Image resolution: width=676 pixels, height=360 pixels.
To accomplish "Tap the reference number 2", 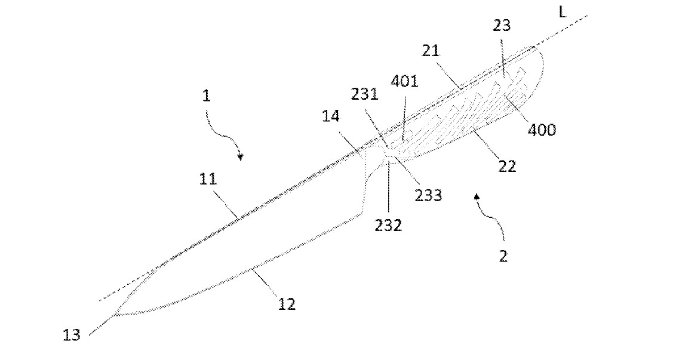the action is pyautogui.click(x=503, y=256).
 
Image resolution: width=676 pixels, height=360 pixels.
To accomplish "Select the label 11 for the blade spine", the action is pyautogui.click(x=208, y=179).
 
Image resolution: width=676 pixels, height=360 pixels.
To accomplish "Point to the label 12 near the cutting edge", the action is pyautogui.click(x=287, y=304).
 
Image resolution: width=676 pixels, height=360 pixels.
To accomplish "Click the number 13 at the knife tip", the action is pyautogui.click(x=72, y=335).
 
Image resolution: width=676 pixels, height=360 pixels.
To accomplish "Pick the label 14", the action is pyautogui.click(x=331, y=116).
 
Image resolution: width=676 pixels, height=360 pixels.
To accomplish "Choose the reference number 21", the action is pyautogui.click(x=431, y=50).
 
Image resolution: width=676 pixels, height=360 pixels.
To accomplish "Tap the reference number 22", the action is pyautogui.click(x=507, y=166).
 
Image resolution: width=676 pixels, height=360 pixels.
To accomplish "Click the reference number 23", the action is pyautogui.click(x=502, y=26).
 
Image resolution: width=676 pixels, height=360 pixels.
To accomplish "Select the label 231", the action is pyautogui.click(x=365, y=94).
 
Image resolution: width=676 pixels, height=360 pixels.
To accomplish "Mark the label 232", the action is pyautogui.click(x=388, y=224).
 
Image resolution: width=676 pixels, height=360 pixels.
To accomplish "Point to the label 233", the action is pyautogui.click(x=429, y=195).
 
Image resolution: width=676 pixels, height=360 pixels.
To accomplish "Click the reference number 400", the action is pyautogui.click(x=542, y=129).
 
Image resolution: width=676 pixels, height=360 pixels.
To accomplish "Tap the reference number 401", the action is pyautogui.click(x=404, y=81).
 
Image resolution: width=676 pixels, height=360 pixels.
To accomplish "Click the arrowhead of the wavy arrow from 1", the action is pyautogui.click(x=240, y=158).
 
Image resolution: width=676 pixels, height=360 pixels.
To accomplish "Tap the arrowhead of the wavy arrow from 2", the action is pyautogui.click(x=477, y=197).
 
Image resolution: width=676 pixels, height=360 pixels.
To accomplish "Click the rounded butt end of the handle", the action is pyautogui.click(x=542, y=64).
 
